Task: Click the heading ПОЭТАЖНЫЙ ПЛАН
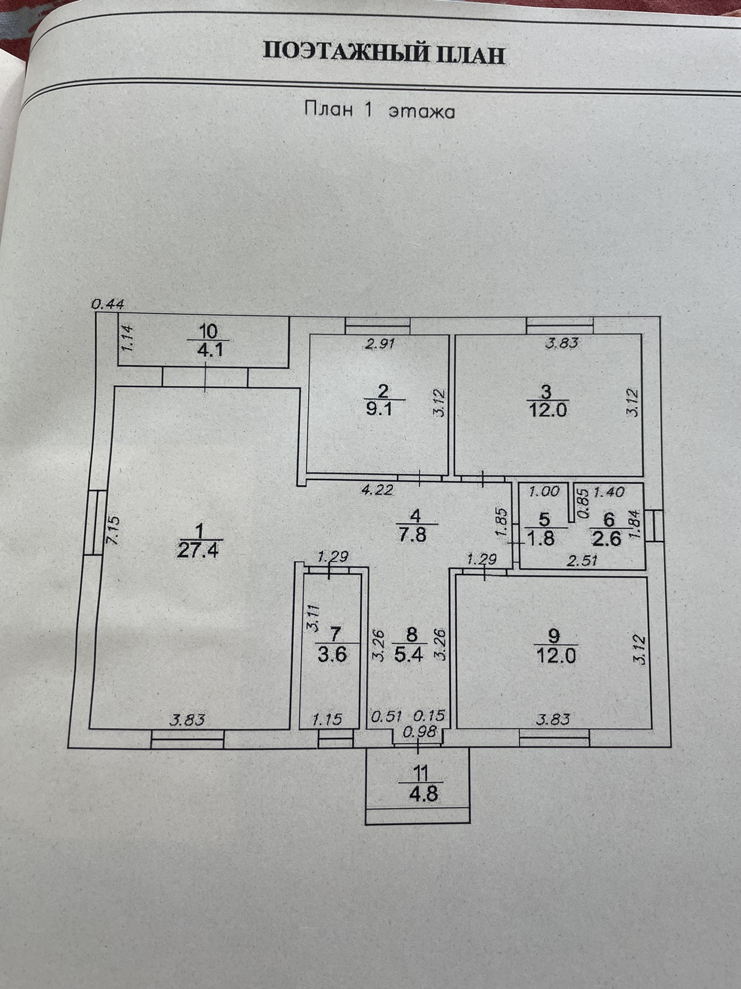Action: coord(384,53)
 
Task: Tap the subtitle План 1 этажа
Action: coord(379,111)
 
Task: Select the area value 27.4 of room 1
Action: coord(198,550)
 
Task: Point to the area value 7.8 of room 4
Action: coord(413,534)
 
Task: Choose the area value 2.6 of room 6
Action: coord(607,538)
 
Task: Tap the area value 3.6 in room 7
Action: coord(332,654)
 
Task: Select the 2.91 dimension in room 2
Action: coord(380,344)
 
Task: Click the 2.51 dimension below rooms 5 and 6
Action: coord(582,560)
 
